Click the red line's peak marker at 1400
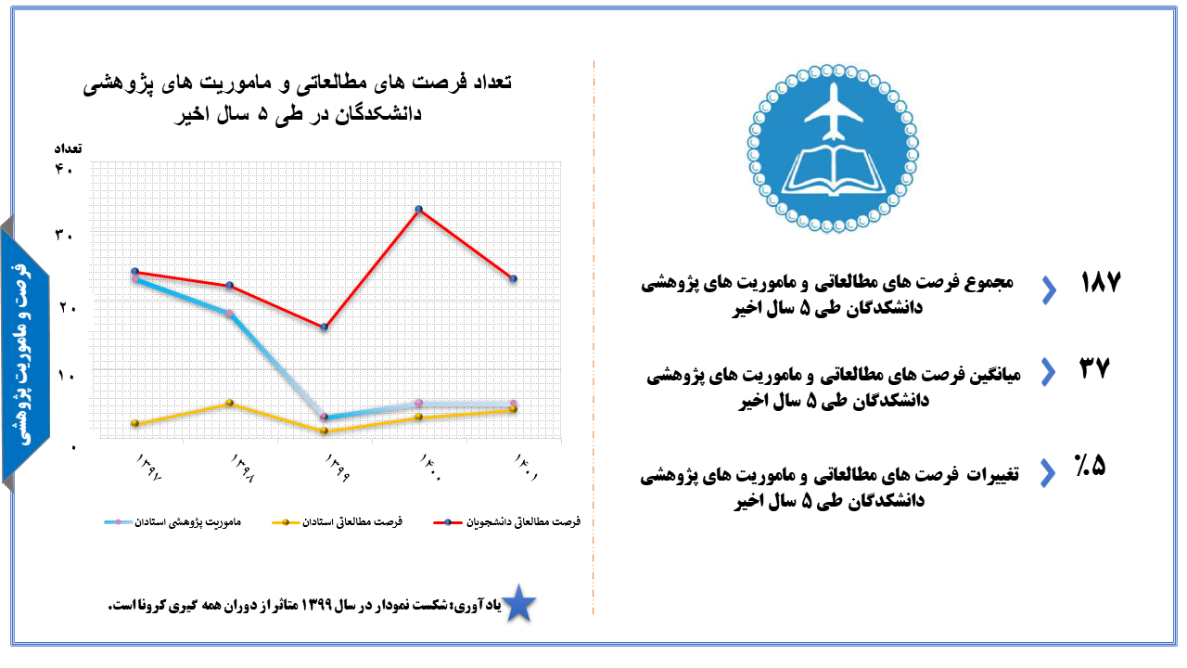click(x=418, y=210)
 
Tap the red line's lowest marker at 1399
click(x=325, y=328)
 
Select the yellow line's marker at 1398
click(x=229, y=403)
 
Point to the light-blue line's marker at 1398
click(x=229, y=314)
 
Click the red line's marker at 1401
click(x=513, y=279)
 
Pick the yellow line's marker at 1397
click(x=135, y=423)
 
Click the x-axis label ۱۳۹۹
click(x=338, y=467)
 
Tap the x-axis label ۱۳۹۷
click(x=149, y=467)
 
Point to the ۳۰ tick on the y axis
click(x=64, y=235)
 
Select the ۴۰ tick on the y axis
click(x=64, y=169)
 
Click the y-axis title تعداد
click(x=68, y=148)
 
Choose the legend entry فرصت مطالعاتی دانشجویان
click(x=507, y=522)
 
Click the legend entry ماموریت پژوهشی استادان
click(x=172, y=522)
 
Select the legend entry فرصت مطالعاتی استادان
click(x=337, y=522)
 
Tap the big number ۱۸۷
click(x=1101, y=281)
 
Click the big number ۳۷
click(x=1094, y=368)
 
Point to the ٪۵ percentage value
click(x=1090, y=466)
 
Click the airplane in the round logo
click(x=834, y=112)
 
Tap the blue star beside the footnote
click(x=518, y=603)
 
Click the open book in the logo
click(x=834, y=170)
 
